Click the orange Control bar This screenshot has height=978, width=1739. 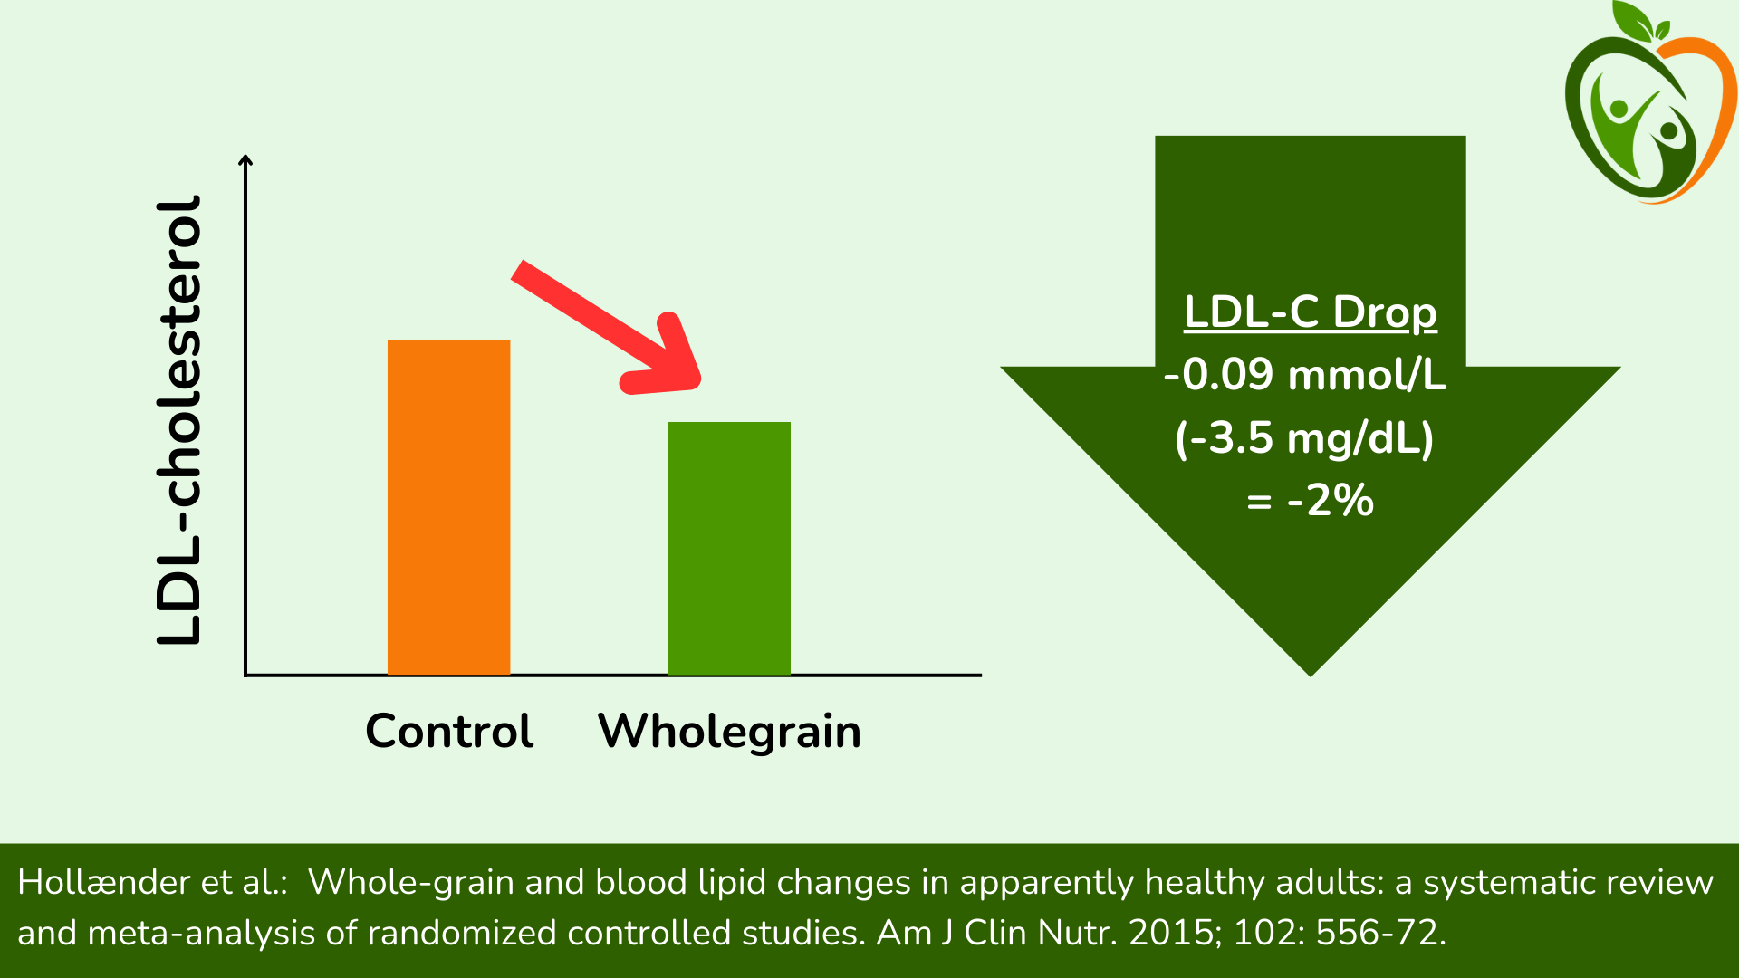pyautogui.click(x=448, y=507)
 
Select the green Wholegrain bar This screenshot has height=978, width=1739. pyautogui.click(x=728, y=548)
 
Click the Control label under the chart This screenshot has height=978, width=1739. pyautogui.click(x=449, y=731)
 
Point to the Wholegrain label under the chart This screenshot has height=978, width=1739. pyautogui.click(x=729, y=732)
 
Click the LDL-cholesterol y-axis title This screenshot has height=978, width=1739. pyautogui.click(x=178, y=420)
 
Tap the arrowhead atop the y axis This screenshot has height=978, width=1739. pyautogui.click(x=245, y=161)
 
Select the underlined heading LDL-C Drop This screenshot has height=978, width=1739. pyautogui.click(x=1310, y=312)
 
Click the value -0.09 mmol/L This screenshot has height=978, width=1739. pyautogui.click(x=1305, y=375)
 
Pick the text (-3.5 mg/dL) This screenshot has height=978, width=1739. pyautogui.click(x=1304, y=438)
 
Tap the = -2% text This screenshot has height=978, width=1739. pyautogui.click(x=1310, y=501)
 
